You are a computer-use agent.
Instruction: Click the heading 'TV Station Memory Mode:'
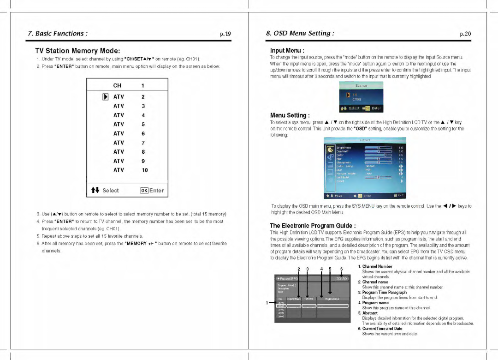click(77, 51)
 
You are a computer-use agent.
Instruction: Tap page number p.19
click(225, 34)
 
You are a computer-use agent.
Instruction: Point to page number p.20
click(465, 34)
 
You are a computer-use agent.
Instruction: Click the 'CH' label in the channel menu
click(117, 85)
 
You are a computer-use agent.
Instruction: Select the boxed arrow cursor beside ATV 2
click(106, 97)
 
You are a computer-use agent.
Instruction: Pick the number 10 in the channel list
click(145, 170)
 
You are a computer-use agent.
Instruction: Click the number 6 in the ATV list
click(143, 133)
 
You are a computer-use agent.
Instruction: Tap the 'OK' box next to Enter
click(144, 191)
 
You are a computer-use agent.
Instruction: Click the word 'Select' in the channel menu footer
click(111, 191)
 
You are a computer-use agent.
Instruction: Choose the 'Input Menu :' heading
click(287, 50)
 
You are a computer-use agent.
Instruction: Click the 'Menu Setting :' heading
click(290, 115)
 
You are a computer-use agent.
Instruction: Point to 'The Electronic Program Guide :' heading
click(313, 226)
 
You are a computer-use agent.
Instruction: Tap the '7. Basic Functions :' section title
click(58, 33)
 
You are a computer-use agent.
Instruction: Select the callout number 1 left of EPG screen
click(267, 303)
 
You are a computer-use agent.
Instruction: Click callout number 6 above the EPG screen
click(342, 269)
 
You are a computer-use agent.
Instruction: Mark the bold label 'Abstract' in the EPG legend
click(370, 313)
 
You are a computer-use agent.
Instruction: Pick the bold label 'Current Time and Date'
click(382, 329)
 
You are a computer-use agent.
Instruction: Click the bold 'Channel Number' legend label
click(377, 267)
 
